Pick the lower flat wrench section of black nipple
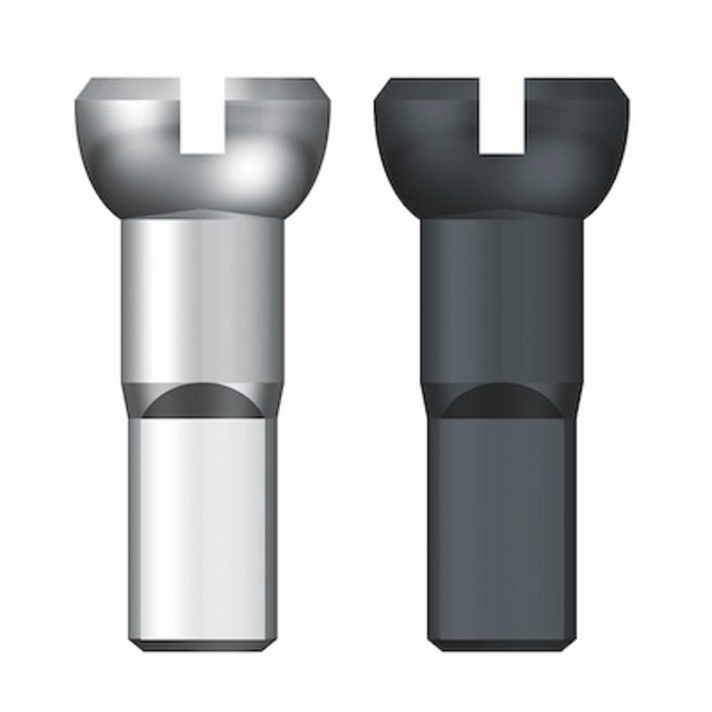click(x=503, y=525)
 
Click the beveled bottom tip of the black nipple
click(x=503, y=643)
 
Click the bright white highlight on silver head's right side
click(x=258, y=174)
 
